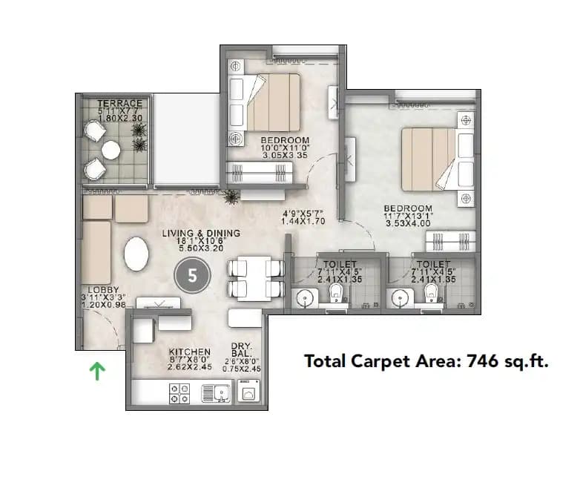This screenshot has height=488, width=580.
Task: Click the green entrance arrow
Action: tap(97, 369)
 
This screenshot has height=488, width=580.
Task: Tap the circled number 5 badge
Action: tap(192, 276)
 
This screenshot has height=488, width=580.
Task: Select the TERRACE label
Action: tap(119, 103)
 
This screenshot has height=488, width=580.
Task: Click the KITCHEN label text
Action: tap(190, 352)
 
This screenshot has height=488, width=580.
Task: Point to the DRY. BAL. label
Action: tap(245, 349)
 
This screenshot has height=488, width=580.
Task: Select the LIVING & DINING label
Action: tap(201, 233)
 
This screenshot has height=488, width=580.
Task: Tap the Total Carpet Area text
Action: tap(426, 361)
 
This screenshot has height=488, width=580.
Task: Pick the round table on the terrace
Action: tap(111, 151)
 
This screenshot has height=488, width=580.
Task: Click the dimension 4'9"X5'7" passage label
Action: tap(302, 217)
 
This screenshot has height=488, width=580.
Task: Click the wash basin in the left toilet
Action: tap(305, 298)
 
